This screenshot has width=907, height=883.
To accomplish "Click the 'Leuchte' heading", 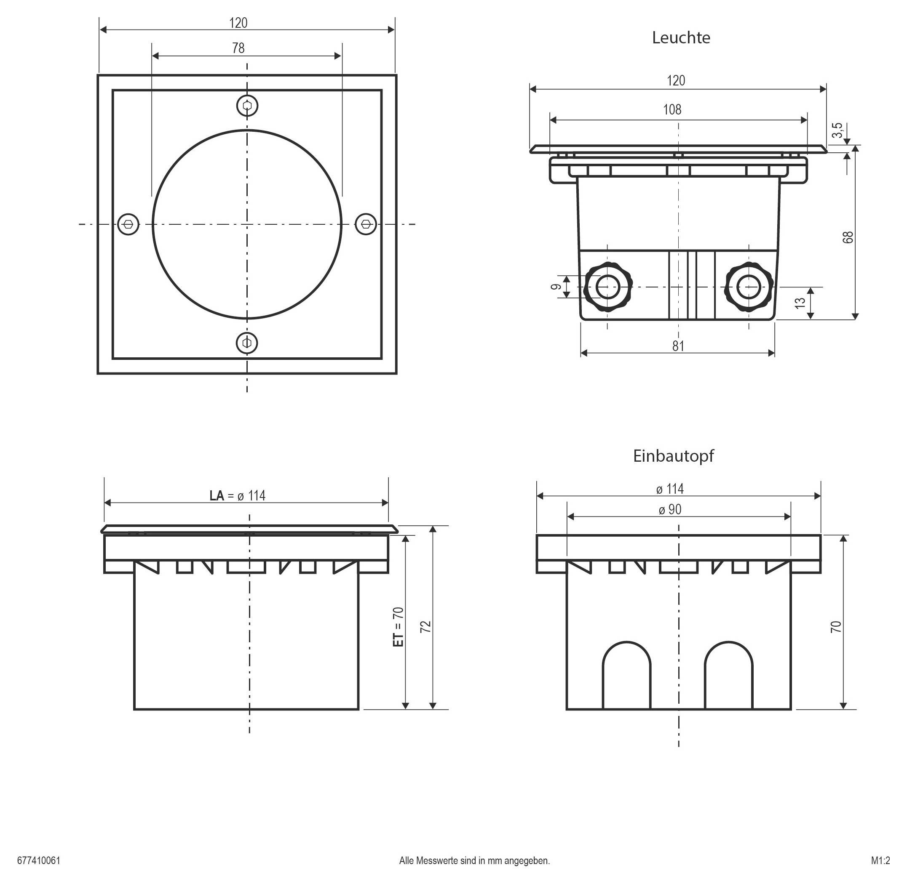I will (x=680, y=37).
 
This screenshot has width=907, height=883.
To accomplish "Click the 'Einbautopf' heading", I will (x=673, y=456).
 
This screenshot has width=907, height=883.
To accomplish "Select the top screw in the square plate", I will (x=247, y=106).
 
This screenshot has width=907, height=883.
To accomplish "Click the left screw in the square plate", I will (x=128, y=224).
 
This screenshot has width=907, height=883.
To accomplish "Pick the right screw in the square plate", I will (x=366, y=224).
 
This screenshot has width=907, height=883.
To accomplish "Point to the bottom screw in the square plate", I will (x=247, y=343).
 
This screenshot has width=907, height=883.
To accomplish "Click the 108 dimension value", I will (x=672, y=110).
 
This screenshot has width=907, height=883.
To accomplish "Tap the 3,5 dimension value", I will (x=837, y=130).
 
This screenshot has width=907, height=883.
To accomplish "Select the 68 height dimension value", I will (x=848, y=237).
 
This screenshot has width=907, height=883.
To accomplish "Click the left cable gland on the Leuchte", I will (x=607, y=287).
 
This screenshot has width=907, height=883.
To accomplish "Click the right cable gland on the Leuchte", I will (x=749, y=287).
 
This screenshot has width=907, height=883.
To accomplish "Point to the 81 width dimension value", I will (x=678, y=346).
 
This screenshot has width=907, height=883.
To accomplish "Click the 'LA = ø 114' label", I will (x=237, y=496).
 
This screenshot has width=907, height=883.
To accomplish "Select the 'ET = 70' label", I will (x=398, y=627).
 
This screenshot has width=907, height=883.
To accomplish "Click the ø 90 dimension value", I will (x=670, y=510).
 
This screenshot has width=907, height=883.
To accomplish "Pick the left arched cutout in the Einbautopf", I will (x=626, y=678).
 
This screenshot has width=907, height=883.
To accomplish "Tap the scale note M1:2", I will (x=880, y=861).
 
